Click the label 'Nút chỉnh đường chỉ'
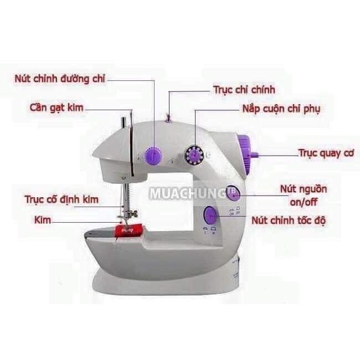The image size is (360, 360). coord(60,79)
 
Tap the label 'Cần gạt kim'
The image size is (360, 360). coord(56,107)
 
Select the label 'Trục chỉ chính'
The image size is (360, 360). coord(244,90)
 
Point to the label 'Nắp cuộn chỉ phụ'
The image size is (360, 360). coord(281,109)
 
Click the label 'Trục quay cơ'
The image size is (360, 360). coord(326,153)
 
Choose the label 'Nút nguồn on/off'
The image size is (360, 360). coord(304,196)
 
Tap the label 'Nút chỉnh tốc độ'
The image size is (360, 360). coord(289,220)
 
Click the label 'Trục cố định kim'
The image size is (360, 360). coord(61,199)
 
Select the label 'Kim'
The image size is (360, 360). coord(43,220)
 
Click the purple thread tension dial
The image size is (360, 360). coord(153,156)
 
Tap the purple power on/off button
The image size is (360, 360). coord(233,193)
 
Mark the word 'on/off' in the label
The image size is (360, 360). coord(304,202)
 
